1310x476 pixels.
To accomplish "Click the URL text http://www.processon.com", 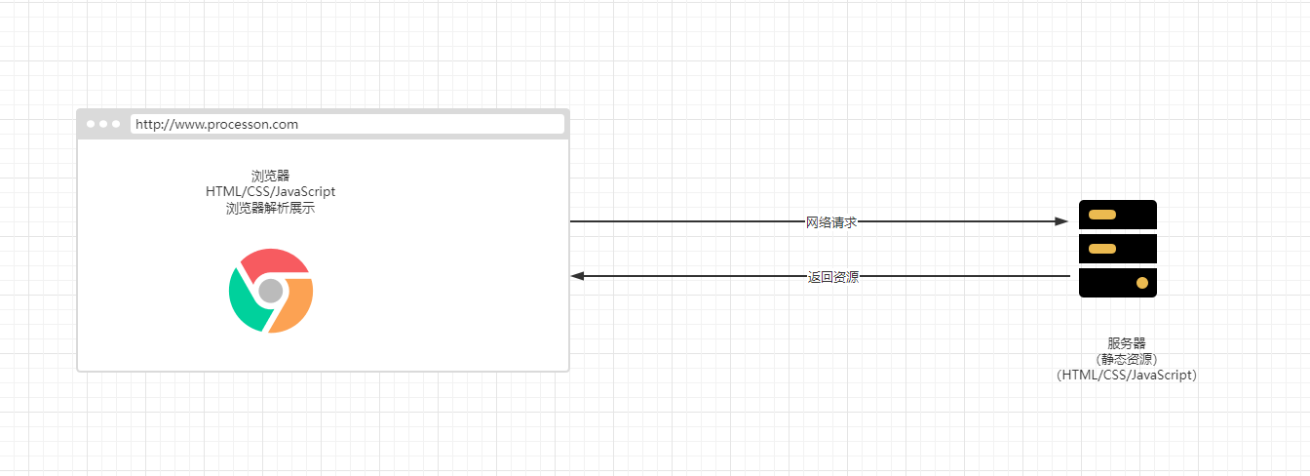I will [x=216, y=124].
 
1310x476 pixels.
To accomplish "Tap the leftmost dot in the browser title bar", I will [x=92, y=124].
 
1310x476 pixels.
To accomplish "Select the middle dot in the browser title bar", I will [x=103, y=124].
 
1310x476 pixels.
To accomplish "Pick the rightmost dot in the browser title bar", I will [x=116, y=124].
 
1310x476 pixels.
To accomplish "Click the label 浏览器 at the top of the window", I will [x=270, y=176].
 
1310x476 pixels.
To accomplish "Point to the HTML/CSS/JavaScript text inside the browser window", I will [x=270, y=191].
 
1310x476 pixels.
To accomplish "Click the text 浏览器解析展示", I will [x=270, y=208].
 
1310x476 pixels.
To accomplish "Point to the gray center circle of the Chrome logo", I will [x=271, y=291].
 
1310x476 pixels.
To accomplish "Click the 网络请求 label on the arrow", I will [x=831, y=222].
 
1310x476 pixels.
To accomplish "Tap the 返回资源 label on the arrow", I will [x=833, y=277].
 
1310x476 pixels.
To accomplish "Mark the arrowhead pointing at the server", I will [x=1062, y=221].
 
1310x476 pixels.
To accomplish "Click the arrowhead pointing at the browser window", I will [x=577, y=276].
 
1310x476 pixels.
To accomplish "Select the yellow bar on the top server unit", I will [x=1102, y=215].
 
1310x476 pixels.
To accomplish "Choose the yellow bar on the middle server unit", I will [x=1102, y=249].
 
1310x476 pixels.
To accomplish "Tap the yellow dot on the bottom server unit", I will [x=1142, y=283].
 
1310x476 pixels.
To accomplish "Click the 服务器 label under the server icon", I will [x=1126, y=342].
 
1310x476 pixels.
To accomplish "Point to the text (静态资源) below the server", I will [x=1126, y=358].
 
